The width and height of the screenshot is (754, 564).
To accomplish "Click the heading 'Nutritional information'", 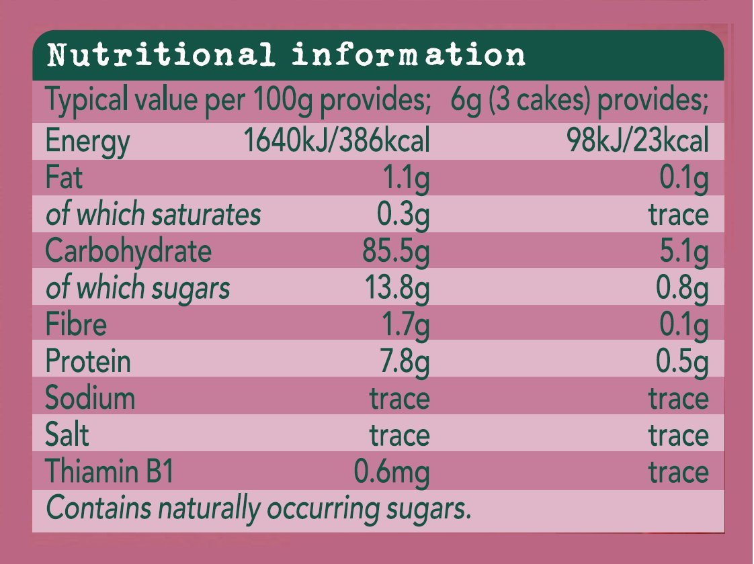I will point(286,55).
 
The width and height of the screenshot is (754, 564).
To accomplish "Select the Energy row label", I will point(87,142).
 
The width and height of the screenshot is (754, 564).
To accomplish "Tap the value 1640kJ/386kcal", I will point(336,142).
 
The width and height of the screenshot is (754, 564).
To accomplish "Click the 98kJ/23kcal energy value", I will point(636,142).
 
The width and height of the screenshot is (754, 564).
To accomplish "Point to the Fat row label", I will point(65,179).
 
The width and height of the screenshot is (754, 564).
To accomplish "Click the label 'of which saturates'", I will point(153,215).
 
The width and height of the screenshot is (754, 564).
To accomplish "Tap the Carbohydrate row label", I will point(128,252).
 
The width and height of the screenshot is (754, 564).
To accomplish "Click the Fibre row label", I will point(76,325).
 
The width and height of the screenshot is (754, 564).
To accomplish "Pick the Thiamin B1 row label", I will point(110,472).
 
